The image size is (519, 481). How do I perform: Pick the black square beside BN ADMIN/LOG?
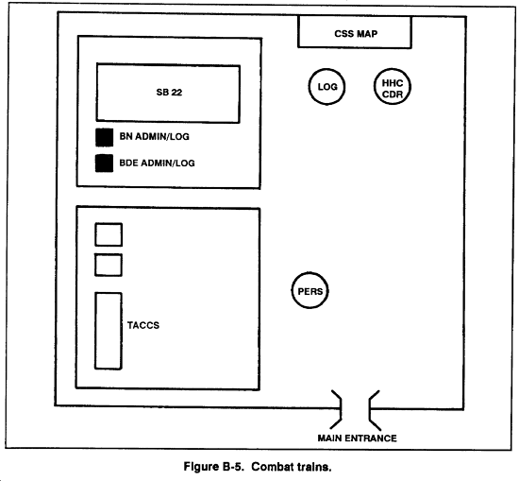click(x=104, y=137)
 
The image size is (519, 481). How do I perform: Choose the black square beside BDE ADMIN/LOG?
click(x=104, y=163)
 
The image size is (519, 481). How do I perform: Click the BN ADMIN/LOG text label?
click(x=154, y=136)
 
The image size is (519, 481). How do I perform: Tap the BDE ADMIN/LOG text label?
click(x=157, y=163)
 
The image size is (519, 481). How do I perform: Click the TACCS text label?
click(x=143, y=325)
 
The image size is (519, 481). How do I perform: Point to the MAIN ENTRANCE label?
click(x=357, y=438)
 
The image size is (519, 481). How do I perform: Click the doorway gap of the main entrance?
click(x=355, y=409)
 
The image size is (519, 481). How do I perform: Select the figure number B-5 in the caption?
click(x=233, y=467)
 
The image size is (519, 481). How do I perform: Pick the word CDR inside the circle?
click(x=393, y=94)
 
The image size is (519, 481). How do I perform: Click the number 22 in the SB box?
click(x=176, y=93)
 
